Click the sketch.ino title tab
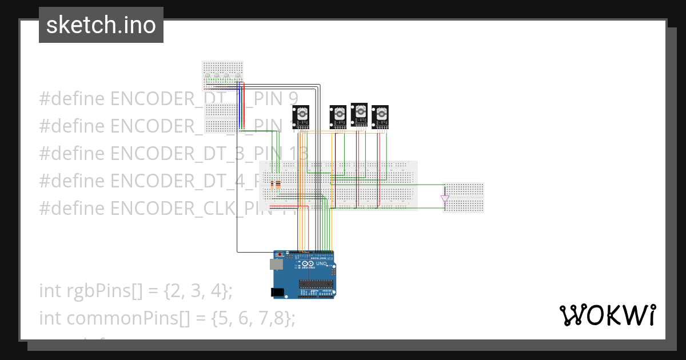(101, 25)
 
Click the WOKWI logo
(607, 315)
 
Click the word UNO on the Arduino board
(321, 264)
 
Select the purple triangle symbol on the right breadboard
(445, 199)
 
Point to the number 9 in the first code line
(292, 98)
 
